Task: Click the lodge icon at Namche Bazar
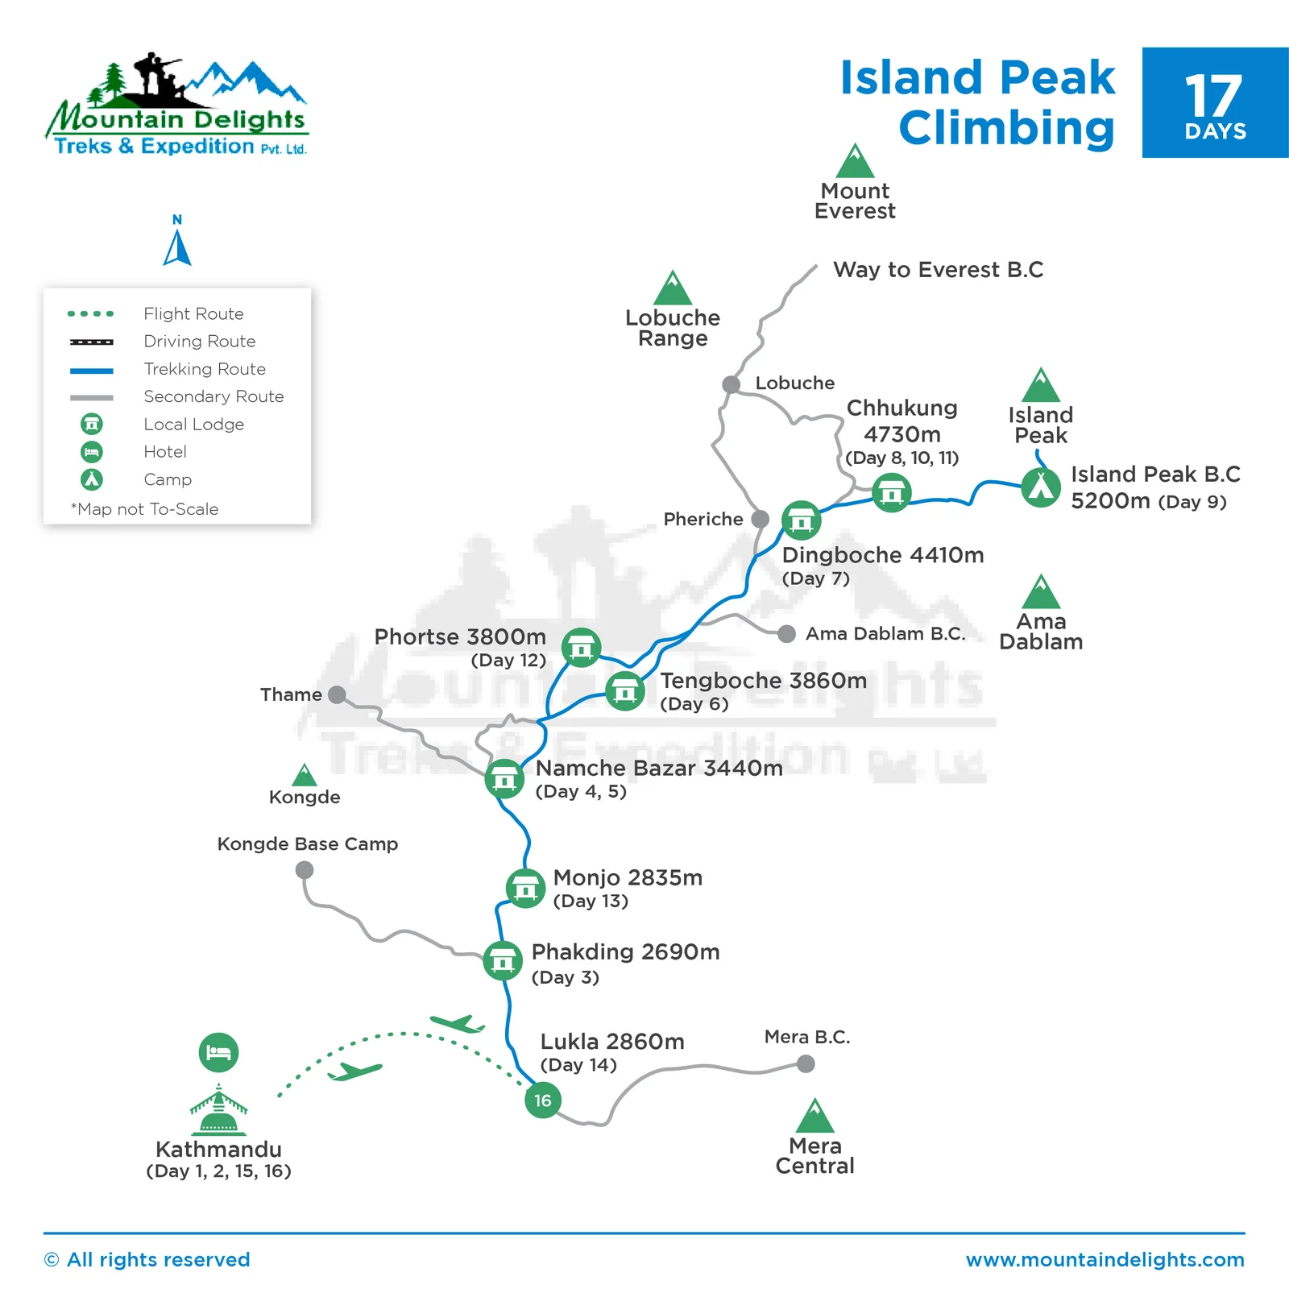pyautogui.click(x=505, y=779)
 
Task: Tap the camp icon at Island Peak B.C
pyautogui.click(x=1041, y=487)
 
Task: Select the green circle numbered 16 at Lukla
pyautogui.click(x=543, y=1100)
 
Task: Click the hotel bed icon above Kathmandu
pyautogui.click(x=218, y=1052)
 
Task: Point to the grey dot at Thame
pyautogui.click(x=338, y=694)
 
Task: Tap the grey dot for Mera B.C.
pyautogui.click(x=806, y=1064)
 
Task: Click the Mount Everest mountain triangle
pyautogui.click(x=855, y=161)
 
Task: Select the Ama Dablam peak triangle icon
pyautogui.click(x=1041, y=592)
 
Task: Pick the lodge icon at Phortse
pyautogui.click(x=581, y=648)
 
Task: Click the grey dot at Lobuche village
pyautogui.click(x=732, y=384)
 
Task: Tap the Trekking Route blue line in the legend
pyautogui.click(x=92, y=371)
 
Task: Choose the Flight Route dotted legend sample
pyautogui.click(x=92, y=313)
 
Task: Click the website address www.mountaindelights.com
pyautogui.click(x=1105, y=1259)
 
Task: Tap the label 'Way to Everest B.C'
pyautogui.click(x=938, y=270)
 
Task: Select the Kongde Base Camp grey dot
pyautogui.click(x=305, y=870)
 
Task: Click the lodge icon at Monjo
pyautogui.click(x=525, y=888)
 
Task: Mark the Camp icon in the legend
pyautogui.click(x=92, y=479)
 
